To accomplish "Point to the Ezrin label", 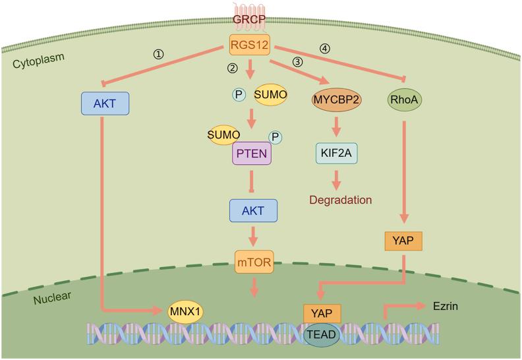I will tap(446, 307).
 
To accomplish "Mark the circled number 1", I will tap(158, 55).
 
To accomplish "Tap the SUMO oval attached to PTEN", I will tap(223, 136).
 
